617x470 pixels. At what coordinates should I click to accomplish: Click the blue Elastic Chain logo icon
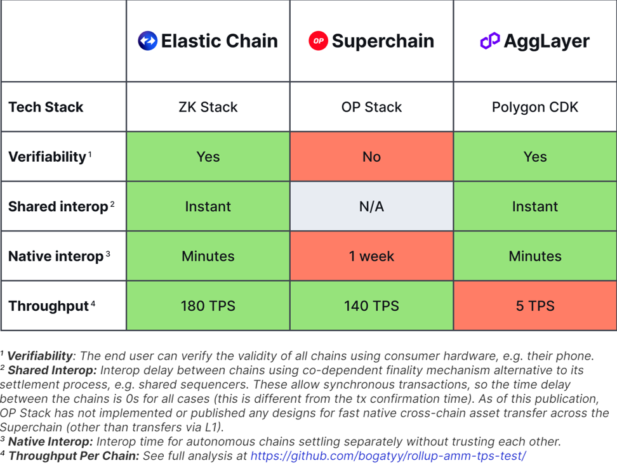coord(147,41)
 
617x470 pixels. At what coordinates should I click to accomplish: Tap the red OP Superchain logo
coord(318,41)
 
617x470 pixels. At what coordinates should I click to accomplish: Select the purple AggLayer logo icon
coord(490,41)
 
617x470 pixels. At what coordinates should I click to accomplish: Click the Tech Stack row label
coord(46,107)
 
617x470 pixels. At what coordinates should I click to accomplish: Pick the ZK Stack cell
coord(208,107)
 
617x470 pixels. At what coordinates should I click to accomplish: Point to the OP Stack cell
coord(372,107)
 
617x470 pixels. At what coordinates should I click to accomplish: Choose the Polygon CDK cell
coord(535,107)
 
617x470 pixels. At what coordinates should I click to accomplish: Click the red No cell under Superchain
coord(372,157)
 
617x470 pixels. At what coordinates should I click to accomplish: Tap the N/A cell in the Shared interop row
coord(372,206)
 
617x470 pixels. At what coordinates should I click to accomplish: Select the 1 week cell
coord(372,256)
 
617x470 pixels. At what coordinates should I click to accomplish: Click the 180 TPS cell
coord(208,306)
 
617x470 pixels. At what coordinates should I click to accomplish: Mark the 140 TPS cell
coord(372,306)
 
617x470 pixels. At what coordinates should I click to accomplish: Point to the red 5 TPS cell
coord(535,306)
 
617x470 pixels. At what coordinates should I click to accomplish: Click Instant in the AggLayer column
coord(535,206)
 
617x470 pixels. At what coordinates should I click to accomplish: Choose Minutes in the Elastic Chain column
coord(208,256)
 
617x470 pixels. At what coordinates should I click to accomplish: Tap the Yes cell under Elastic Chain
coord(208,157)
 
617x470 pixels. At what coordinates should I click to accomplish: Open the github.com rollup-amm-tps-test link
coord(388,456)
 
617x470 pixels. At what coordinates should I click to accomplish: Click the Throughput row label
coord(49,306)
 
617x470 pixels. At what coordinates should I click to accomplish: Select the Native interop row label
coord(56,256)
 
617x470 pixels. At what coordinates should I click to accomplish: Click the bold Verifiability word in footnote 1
coord(40,356)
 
